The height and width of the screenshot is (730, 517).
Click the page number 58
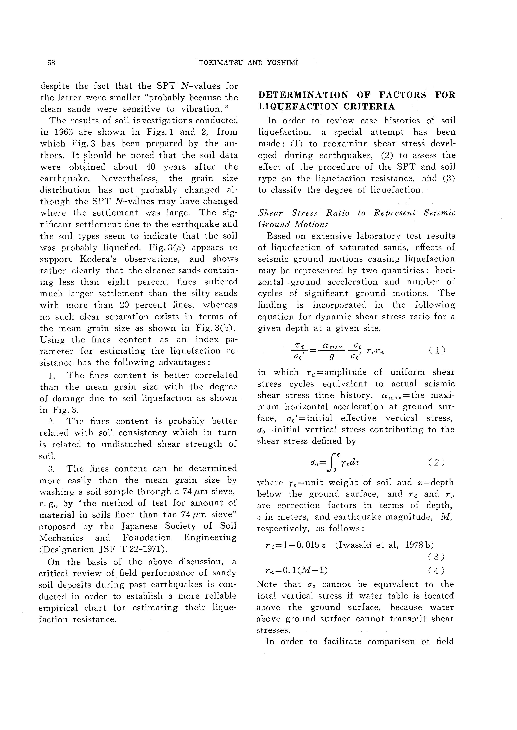click(51, 63)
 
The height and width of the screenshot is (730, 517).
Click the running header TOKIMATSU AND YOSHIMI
click(248, 63)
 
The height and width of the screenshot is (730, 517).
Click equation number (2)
click(437, 462)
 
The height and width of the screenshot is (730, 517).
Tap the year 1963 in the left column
click(62, 132)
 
